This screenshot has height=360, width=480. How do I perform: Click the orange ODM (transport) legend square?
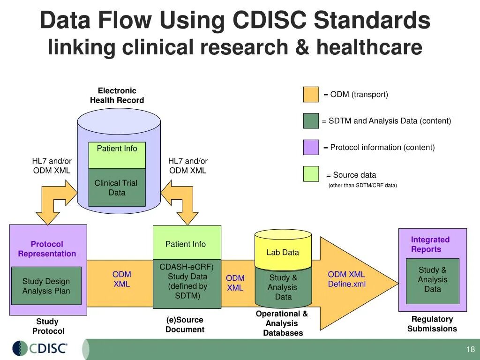click(311, 95)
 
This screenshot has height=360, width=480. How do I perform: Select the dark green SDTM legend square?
click(311, 121)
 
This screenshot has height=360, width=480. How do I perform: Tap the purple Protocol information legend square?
click(311, 147)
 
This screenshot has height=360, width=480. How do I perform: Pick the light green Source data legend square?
click(311, 174)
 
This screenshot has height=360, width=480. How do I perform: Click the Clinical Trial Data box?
click(117, 188)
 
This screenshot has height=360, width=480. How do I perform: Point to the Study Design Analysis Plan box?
click(46, 286)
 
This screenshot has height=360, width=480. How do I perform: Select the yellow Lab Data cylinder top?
click(283, 248)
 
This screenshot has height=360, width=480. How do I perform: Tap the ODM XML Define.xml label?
click(346, 279)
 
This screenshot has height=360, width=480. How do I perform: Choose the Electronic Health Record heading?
click(117, 96)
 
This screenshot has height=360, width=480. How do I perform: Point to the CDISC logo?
click(40, 348)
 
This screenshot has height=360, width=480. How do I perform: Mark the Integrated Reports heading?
click(430, 245)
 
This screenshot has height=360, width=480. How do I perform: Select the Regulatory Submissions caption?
click(432, 324)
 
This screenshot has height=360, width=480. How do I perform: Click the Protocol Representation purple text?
click(47, 249)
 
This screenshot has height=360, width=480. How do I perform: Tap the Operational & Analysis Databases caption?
click(282, 323)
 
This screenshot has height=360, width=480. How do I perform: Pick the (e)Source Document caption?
click(185, 324)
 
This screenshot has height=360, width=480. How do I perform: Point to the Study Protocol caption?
click(48, 326)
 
